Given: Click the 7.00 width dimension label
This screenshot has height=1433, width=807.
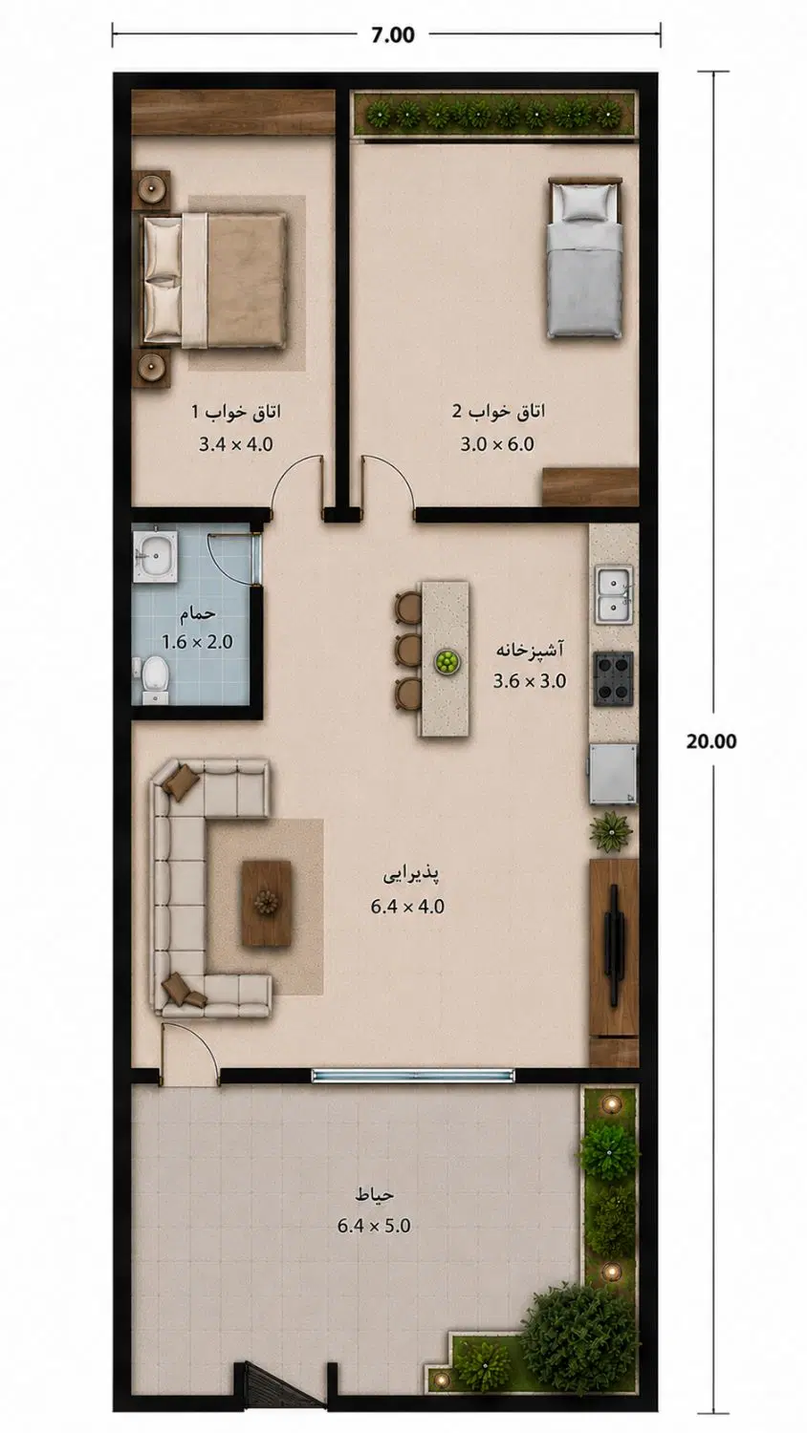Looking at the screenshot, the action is click(x=393, y=34).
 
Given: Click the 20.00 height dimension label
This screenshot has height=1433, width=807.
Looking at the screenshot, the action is click(x=711, y=740).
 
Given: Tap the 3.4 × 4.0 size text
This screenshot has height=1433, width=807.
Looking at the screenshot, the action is click(x=236, y=444).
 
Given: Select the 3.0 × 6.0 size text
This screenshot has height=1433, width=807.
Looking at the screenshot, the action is click(x=497, y=444).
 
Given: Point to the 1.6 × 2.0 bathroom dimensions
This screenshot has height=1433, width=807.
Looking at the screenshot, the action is click(x=197, y=641).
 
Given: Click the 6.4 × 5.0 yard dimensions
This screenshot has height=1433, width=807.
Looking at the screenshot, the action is click(x=374, y=1226).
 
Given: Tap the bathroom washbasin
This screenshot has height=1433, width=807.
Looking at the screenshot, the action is click(x=155, y=555).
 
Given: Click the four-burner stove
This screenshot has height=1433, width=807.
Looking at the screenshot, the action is click(x=614, y=678).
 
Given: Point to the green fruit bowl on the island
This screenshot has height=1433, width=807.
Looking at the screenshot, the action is click(x=447, y=661).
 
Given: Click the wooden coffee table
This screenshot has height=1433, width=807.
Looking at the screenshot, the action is click(x=267, y=903).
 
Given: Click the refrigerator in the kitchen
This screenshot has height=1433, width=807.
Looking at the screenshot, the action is click(x=613, y=774).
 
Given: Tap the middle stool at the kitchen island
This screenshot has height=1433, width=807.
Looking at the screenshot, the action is click(x=408, y=650).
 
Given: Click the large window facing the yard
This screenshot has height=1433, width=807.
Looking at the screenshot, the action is click(x=413, y=1076).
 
